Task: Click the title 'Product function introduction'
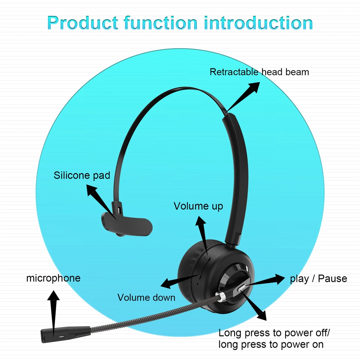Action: pos(180,23)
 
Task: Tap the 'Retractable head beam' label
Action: pos(259,72)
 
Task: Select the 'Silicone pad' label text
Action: pos(82,175)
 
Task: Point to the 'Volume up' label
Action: pos(198,206)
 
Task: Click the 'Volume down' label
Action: pos(147,297)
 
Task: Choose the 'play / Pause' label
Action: pos(319,279)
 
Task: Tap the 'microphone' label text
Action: pos(53,278)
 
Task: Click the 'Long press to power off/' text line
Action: pos(274,333)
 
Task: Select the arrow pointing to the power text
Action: pos(254,306)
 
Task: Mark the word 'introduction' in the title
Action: pos(258,23)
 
